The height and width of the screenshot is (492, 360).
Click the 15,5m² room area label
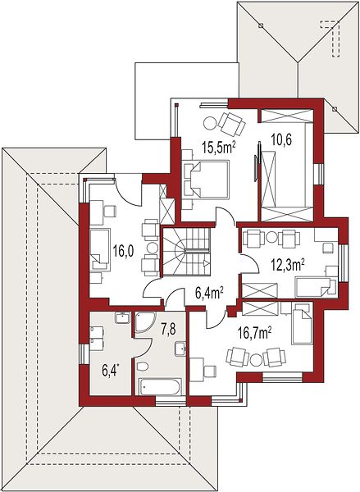(x=219, y=148)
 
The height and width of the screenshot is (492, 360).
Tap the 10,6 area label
(x=281, y=139)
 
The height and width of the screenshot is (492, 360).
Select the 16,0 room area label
(x=123, y=251)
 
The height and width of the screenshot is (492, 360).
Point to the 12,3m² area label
(x=289, y=266)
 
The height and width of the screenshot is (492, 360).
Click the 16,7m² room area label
(x=253, y=333)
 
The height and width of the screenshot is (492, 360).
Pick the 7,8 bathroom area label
(x=168, y=330)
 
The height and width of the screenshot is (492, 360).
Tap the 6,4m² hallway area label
(x=209, y=294)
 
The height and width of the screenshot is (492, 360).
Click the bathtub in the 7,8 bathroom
(x=160, y=386)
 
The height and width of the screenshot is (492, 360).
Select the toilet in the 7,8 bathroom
(x=143, y=366)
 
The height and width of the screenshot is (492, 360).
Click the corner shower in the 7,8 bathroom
(x=144, y=321)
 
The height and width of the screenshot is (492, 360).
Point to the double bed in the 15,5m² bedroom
(x=206, y=180)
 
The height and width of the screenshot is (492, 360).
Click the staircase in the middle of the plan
(x=186, y=252)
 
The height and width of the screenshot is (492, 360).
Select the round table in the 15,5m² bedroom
(x=209, y=123)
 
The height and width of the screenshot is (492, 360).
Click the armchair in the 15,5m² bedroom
(x=231, y=124)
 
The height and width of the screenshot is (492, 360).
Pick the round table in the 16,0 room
(x=153, y=248)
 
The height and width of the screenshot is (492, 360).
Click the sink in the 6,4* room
(x=122, y=318)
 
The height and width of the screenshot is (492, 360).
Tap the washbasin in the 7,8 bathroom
(x=180, y=348)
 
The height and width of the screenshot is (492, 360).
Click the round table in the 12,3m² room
(x=271, y=238)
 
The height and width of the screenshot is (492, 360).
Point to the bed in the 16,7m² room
(x=303, y=324)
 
